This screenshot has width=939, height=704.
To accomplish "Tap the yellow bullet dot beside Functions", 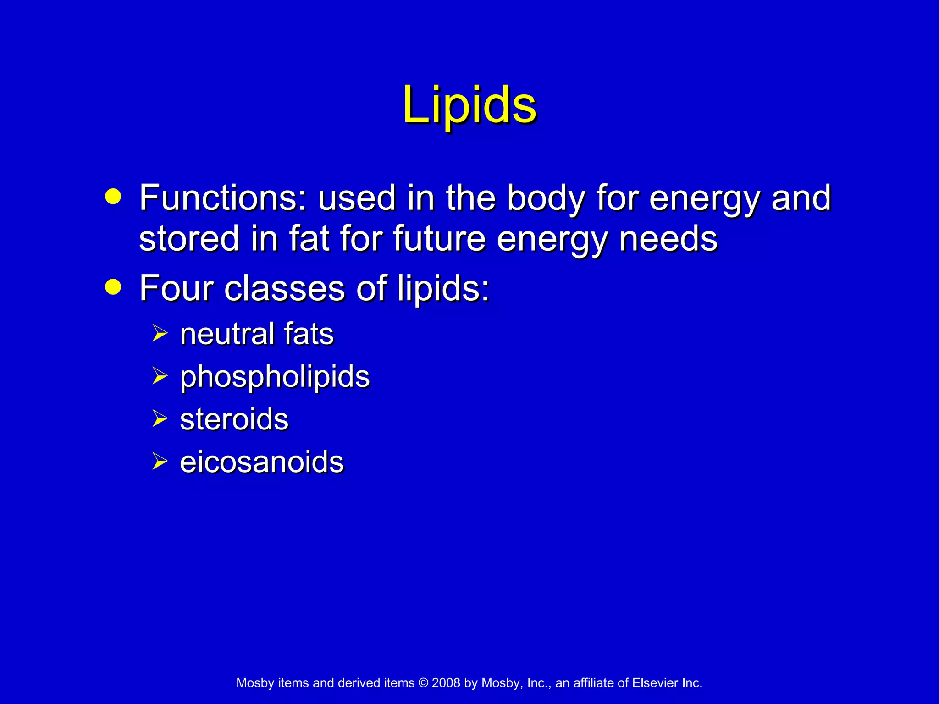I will [x=113, y=197].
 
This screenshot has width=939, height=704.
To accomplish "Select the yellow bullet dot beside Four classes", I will [x=113, y=287].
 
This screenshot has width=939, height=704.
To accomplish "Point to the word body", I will [x=545, y=198].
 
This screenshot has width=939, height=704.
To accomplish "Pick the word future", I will [x=439, y=238].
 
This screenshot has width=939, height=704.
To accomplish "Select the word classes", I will [x=284, y=288].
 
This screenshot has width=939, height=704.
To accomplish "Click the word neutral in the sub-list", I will [x=226, y=334].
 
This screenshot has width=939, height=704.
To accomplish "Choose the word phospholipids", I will [x=275, y=377].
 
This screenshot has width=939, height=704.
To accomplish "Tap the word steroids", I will [x=234, y=419].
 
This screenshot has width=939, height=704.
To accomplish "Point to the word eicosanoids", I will [x=262, y=462].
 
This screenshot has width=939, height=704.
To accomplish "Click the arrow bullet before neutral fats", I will [x=160, y=333].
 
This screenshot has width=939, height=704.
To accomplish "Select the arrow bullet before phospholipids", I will [x=160, y=376].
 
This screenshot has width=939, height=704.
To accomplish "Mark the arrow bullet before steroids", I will [x=160, y=418].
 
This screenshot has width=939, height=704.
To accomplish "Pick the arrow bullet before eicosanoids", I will [x=160, y=461].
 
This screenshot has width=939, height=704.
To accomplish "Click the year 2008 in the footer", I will [x=446, y=683].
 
